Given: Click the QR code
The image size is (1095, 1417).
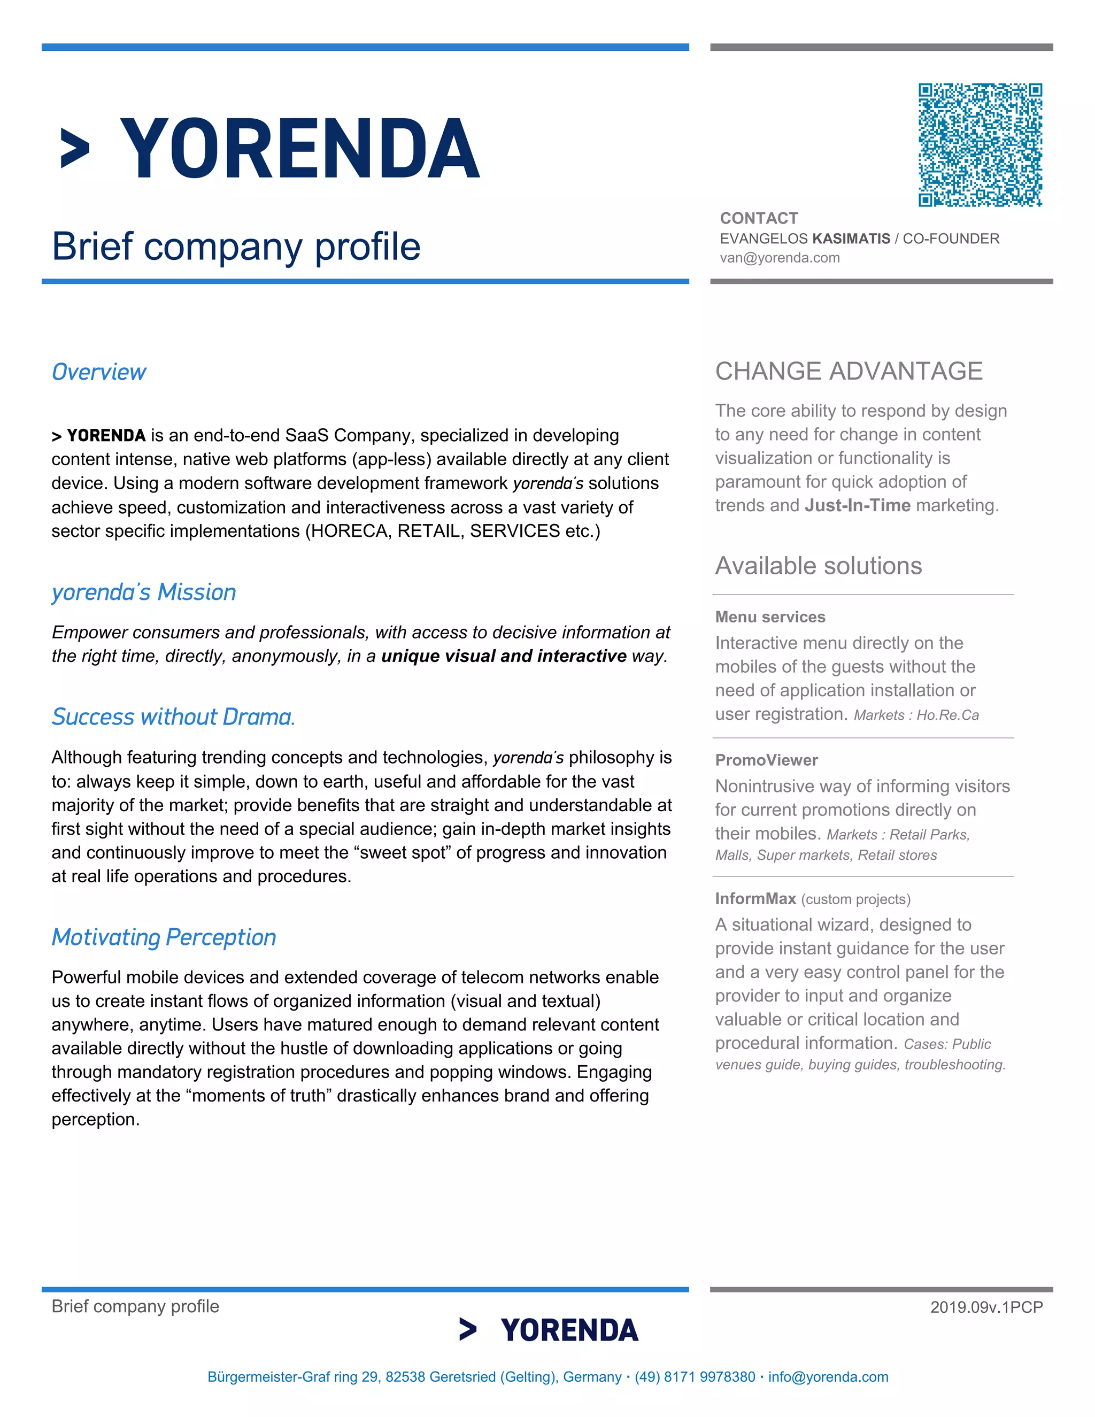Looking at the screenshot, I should (x=980, y=145).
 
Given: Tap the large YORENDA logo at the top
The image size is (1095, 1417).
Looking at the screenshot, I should (x=270, y=149).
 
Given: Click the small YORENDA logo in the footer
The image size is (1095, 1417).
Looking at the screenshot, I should (x=549, y=1330).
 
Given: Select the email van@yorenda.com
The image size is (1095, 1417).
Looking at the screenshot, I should (x=780, y=258).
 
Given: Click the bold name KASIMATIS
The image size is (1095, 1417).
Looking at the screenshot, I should (x=851, y=239).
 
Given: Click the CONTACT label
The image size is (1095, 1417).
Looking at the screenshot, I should (x=759, y=218).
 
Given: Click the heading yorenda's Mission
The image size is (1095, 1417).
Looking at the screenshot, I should (x=143, y=592).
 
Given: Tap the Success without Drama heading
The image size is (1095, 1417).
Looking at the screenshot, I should (x=173, y=717).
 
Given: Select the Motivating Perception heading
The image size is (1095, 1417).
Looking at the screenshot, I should (x=164, y=937).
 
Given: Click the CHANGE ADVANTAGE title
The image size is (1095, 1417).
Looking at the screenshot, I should (x=849, y=371).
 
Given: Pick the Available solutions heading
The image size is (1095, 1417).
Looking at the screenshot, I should (x=818, y=566).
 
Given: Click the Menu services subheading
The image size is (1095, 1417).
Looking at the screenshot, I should (x=770, y=617).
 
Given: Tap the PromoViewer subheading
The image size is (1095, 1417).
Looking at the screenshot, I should (x=766, y=760).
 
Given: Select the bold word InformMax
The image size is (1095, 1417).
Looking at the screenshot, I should (x=755, y=899).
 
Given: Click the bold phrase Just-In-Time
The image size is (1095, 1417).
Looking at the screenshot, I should (x=858, y=505).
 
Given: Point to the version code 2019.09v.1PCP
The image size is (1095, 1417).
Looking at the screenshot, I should (x=986, y=1307).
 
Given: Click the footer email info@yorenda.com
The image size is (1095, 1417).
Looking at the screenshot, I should (x=828, y=1377).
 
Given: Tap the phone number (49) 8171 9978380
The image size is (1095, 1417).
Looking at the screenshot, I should (x=695, y=1377).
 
